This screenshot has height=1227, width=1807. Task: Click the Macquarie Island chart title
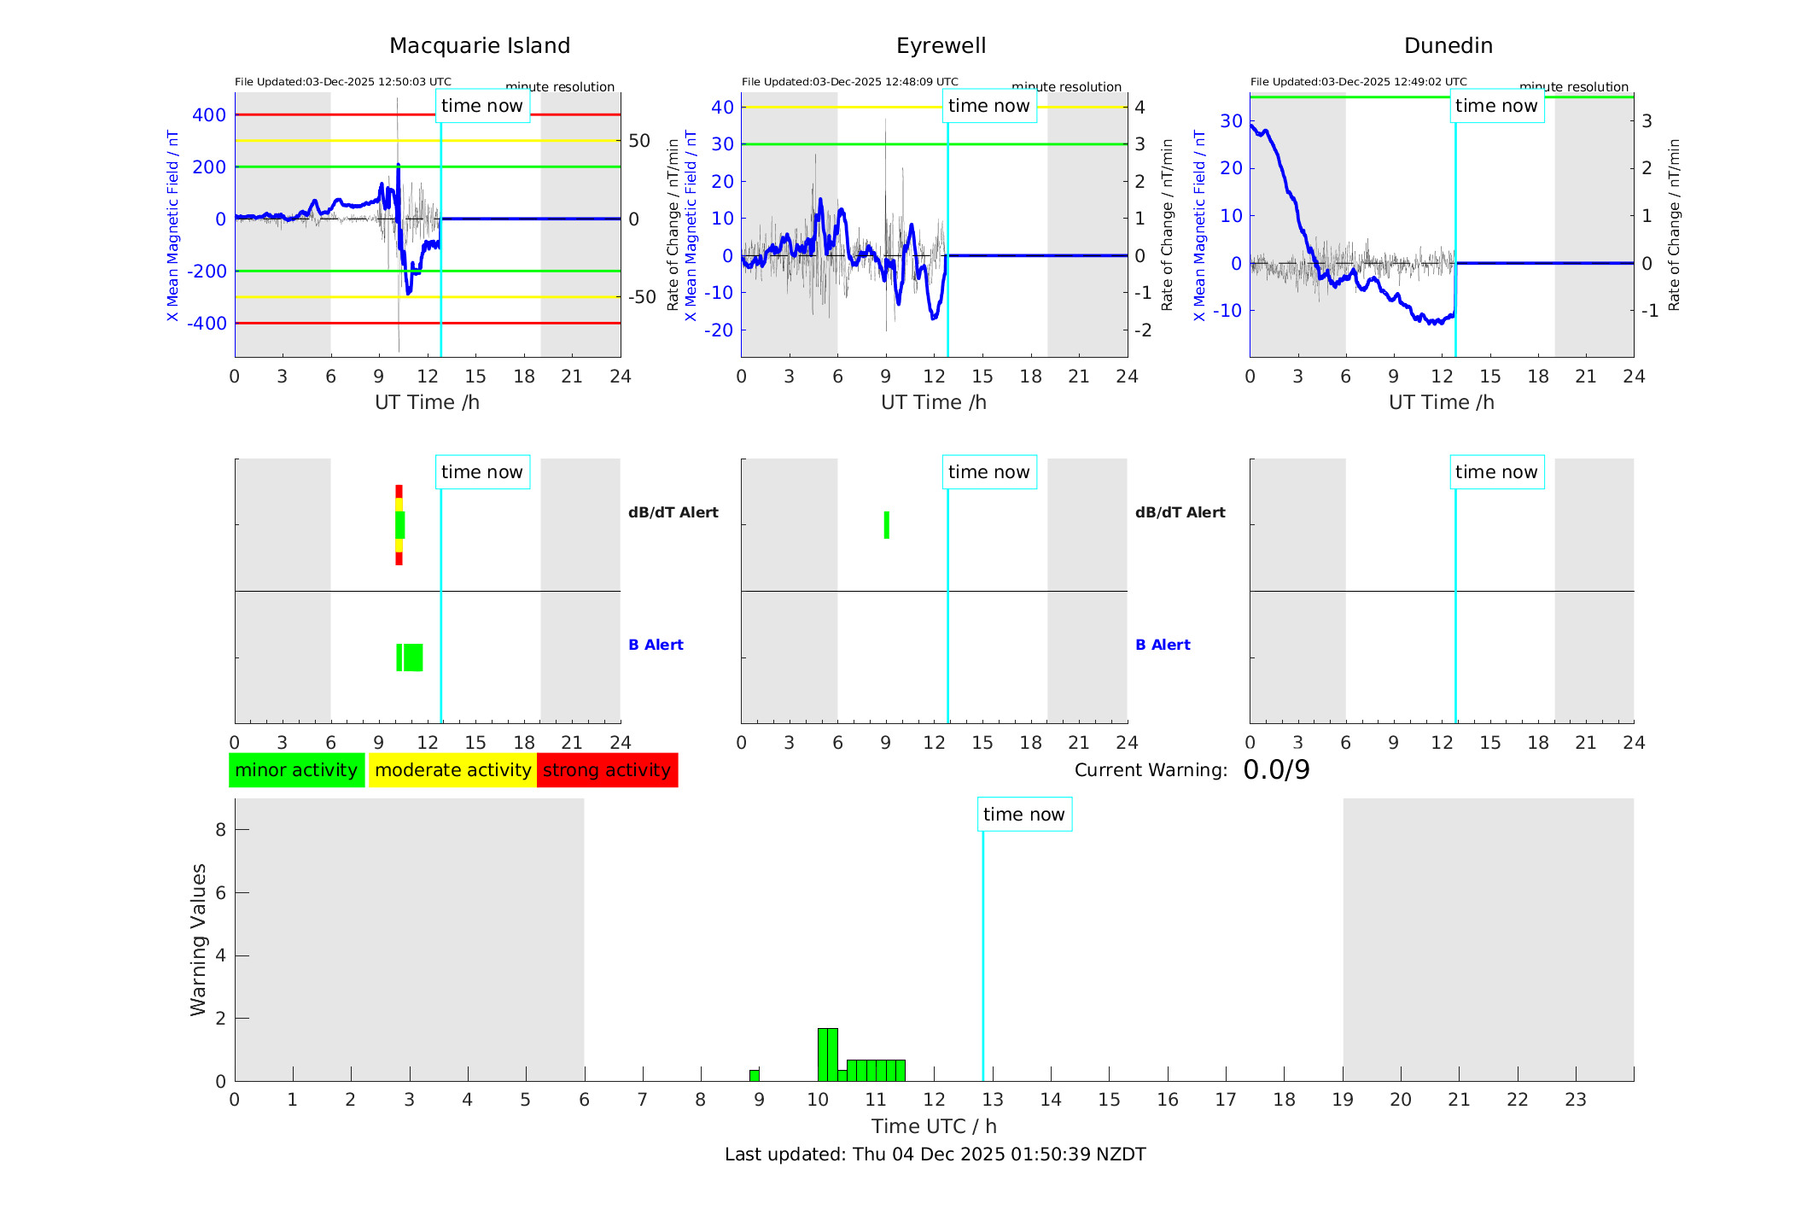480,46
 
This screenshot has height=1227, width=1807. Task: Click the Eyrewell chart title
941,46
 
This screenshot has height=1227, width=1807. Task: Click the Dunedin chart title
1448,46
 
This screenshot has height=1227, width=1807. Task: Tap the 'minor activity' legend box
296,770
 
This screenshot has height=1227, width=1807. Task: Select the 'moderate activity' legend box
452,770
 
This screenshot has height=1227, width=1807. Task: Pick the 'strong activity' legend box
607,770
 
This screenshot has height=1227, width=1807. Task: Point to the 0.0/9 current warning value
1276,770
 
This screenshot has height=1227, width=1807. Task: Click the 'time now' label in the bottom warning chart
1023,815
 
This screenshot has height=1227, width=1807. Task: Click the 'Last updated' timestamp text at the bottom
935,1154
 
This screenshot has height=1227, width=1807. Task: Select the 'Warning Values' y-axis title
199,939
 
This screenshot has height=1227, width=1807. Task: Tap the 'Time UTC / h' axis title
934,1126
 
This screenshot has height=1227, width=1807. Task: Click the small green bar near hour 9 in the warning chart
755,1075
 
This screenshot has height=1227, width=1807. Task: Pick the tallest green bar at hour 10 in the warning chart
827,1055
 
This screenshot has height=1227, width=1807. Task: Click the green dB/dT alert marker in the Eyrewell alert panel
887,525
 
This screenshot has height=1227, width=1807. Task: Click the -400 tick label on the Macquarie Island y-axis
209,324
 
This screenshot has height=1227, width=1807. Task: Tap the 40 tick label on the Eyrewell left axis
722,108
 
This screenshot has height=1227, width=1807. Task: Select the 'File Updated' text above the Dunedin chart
1358,82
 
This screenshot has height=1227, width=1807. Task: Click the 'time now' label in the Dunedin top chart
1496,106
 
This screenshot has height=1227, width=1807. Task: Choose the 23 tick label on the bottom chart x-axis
1575,1100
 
